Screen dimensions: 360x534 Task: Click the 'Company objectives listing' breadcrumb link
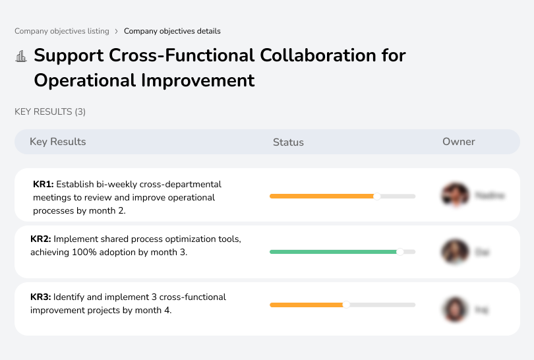click(x=62, y=31)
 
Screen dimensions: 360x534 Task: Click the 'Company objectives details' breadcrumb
click(x=172, y=31)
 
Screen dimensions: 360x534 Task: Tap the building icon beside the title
click(x=21, y=56)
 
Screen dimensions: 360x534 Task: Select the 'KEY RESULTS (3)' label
click(x=50, y=112)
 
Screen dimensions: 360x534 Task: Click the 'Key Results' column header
click(x=58, y=142)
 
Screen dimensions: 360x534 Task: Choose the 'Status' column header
click(x=288, y=142)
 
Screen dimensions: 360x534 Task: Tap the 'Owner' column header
click(x=459, y=142)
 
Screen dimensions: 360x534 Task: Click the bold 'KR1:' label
click(x=43, y=185)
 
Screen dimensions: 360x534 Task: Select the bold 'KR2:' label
click(x=41, y=239)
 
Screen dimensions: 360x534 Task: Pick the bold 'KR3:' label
click(x=41, y=297)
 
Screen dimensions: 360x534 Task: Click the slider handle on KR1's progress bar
click(x=377, y=196)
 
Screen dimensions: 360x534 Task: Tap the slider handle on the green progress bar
click(x=400, y=252)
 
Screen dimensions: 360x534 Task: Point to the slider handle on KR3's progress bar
click(x=346, y=305)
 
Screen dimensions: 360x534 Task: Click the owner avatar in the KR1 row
click(x=454, y=195)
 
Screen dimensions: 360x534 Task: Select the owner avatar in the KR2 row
click(x=454, y=252)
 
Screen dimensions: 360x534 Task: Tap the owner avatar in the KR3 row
click(x=454, y=309)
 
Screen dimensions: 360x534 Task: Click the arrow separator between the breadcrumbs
click(x=117, y=31)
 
